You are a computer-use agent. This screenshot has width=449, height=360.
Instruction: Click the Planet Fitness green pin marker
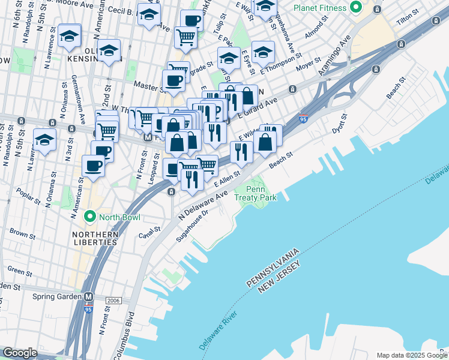(x=356, y=8)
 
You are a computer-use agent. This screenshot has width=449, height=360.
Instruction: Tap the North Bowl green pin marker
(x=90, y=215)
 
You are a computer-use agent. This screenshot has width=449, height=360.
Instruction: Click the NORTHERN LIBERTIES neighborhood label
(x=94, y=238)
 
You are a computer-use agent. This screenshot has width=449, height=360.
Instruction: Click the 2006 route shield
(x=113, y=300)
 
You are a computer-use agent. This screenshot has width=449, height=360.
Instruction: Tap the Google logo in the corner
(x=19, y=353)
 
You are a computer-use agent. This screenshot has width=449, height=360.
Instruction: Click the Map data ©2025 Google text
(x=411, y=355)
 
